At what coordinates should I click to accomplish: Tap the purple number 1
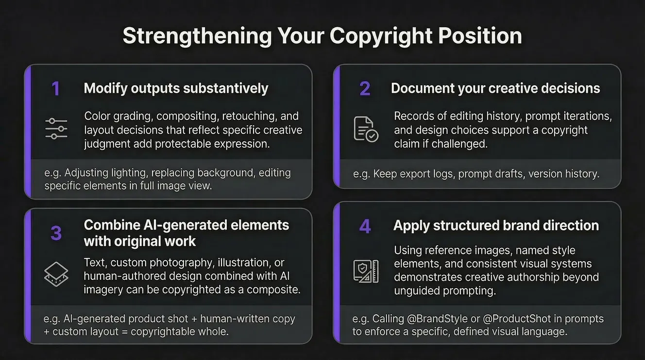[56, 88]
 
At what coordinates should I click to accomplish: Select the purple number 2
[365, 88]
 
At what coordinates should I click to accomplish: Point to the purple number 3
[56, 233]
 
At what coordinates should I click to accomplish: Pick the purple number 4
[365, 226]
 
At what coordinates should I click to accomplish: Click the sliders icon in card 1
[56, 129]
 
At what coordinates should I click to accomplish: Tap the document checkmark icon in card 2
[365, 129]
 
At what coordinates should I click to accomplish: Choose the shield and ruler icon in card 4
[365, 271]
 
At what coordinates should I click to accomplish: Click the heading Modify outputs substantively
[176, 88]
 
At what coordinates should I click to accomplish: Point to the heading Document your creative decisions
[495, 88]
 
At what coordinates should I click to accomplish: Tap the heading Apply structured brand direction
[496, 226]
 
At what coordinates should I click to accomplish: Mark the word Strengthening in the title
[197, 36]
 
